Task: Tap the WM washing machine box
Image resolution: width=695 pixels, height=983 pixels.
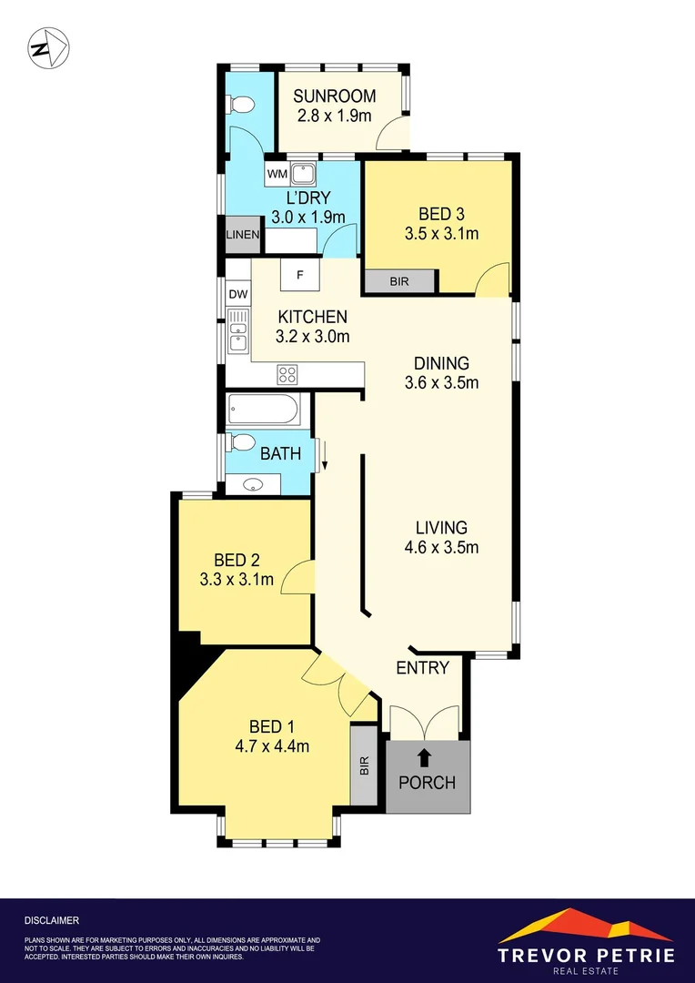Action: pyautogui.click(x=277, y=174)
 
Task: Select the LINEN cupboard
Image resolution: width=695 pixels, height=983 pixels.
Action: pyautogui.click(x=243, y=235)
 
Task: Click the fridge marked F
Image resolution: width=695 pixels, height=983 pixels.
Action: pyautogui.click(x=299, y=275)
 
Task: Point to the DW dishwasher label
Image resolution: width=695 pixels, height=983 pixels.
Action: pyautogui.click(x=237, y=294)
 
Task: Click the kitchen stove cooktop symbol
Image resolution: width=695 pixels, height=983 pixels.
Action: pyautogui.click(x=287, y=375)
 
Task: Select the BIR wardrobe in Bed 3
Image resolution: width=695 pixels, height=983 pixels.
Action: pyautogui.click(x=399, y=281)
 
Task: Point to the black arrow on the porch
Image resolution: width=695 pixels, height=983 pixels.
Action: pyautogui.click(x=424, y=758)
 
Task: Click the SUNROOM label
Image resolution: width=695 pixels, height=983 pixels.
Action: pyautogui.click(x=335, y=96)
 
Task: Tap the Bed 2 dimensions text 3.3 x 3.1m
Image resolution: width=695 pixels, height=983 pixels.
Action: pyautogui.click(x=237, y=579)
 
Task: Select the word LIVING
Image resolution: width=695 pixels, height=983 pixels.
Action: pyautogui.click(x=441, y=527)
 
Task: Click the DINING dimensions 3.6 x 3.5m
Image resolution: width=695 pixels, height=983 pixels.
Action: pyautogui.click(x=442, y=382)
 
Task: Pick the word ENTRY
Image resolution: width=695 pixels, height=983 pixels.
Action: pyautogui.click(x=423, y=668)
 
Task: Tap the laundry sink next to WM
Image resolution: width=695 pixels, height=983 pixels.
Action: pyautogui.click(x=303, y=174)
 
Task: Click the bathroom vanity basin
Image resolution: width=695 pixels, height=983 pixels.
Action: pyautogui.click(x=253, y=484)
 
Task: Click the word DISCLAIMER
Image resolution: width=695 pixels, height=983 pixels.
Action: pyautogui.click(x=52, y=920)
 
